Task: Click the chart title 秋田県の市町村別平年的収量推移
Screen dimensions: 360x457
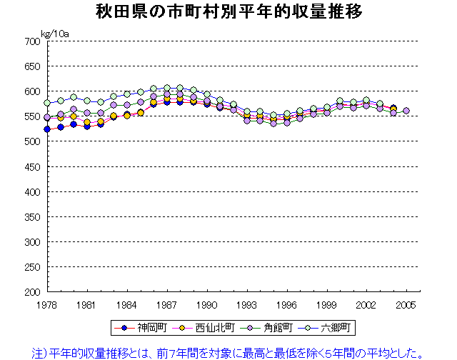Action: coord(228,12)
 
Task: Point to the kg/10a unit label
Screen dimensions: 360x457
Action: coord(54,33)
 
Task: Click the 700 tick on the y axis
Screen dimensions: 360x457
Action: coord(32,41)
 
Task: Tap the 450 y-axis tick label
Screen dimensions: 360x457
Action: coord(32,166)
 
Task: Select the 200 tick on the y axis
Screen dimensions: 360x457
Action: coord(32,291)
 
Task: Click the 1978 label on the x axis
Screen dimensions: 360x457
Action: coord(47,304)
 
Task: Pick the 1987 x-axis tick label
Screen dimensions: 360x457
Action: coord(167,304)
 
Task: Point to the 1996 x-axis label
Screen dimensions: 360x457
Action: coord(287,304)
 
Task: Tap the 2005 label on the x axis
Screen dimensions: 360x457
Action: coord(406,304)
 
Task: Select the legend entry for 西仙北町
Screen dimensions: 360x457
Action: coord(205,328)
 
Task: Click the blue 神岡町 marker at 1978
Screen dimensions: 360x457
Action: coord(47,129)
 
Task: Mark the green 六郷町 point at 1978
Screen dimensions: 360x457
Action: coord(47,103)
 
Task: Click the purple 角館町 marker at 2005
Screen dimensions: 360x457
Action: coord(406,111)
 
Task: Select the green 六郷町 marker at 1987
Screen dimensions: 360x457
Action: coord(167,88)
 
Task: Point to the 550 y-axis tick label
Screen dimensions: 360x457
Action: coord(32,116)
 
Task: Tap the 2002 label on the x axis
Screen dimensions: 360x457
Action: coord(366,304)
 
